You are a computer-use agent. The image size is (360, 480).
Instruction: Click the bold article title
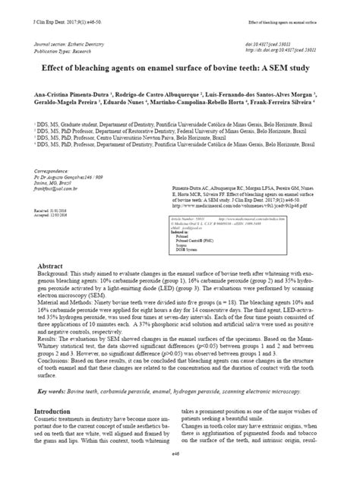[179, 67]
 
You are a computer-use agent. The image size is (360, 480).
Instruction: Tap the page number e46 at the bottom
[179, 470]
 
